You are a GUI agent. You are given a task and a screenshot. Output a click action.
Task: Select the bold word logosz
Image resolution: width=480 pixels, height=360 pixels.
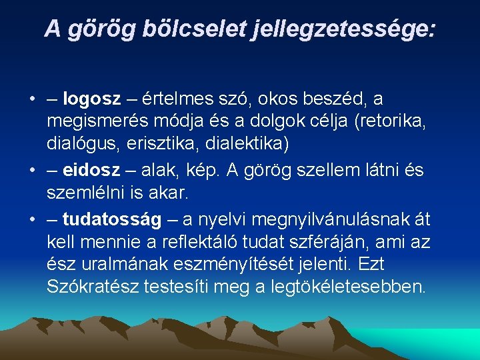(92, 99)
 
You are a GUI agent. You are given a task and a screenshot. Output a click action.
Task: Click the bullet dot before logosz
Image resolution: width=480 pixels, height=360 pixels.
(32, 100)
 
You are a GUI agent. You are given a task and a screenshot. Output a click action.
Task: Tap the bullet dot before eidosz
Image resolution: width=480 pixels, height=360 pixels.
(32, 171)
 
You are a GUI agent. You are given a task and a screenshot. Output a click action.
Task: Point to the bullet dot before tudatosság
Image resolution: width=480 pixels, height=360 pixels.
(32, 219)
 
